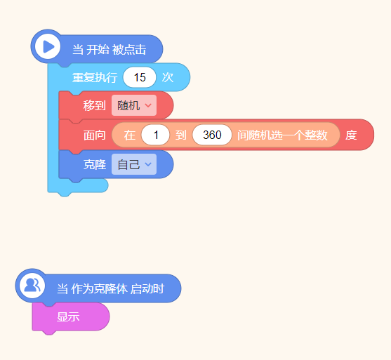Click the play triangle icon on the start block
click(49, 46)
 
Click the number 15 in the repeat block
click(140, 77)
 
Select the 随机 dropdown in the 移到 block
click(134, 105)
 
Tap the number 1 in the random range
click(156, 135)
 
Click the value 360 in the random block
click(212, 135)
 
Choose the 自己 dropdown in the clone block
click(134, 164)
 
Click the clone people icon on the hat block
click(32, 285)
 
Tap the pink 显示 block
click(71, 317)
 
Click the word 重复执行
click(95, 77)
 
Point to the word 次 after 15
click(168, 77)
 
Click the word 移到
click(95, 105)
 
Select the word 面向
click(95, 135)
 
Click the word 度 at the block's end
click(351, 135)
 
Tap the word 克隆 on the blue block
click(95, 164)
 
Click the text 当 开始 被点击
click(110, 50)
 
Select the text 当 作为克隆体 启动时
click(110, 288)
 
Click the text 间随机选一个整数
click(282, 135)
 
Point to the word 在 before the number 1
click(130, 135)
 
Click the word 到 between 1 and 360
click(181, 135)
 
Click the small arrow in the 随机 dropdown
click(148, 105)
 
